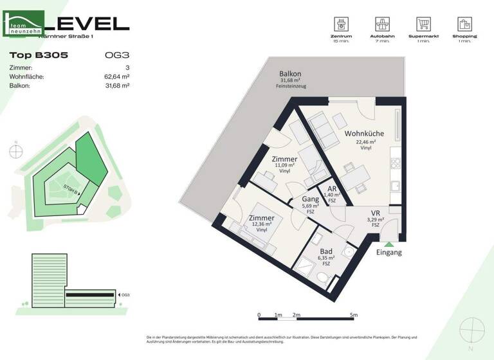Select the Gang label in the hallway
point(311,199)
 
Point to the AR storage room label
point(332,188)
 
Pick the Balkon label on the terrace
point(290,74)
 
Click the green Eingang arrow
point(388,243)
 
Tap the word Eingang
point(389,253)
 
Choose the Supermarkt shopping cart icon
point(423,24)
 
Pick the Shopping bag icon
point(464,24)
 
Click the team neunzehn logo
point(24,24)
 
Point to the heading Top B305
point(39,56)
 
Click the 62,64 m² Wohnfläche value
point(117,76)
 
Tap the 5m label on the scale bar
point(353,315)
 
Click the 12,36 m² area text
point(261,224)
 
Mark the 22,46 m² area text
point(365,141)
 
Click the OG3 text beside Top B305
point(116,56)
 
